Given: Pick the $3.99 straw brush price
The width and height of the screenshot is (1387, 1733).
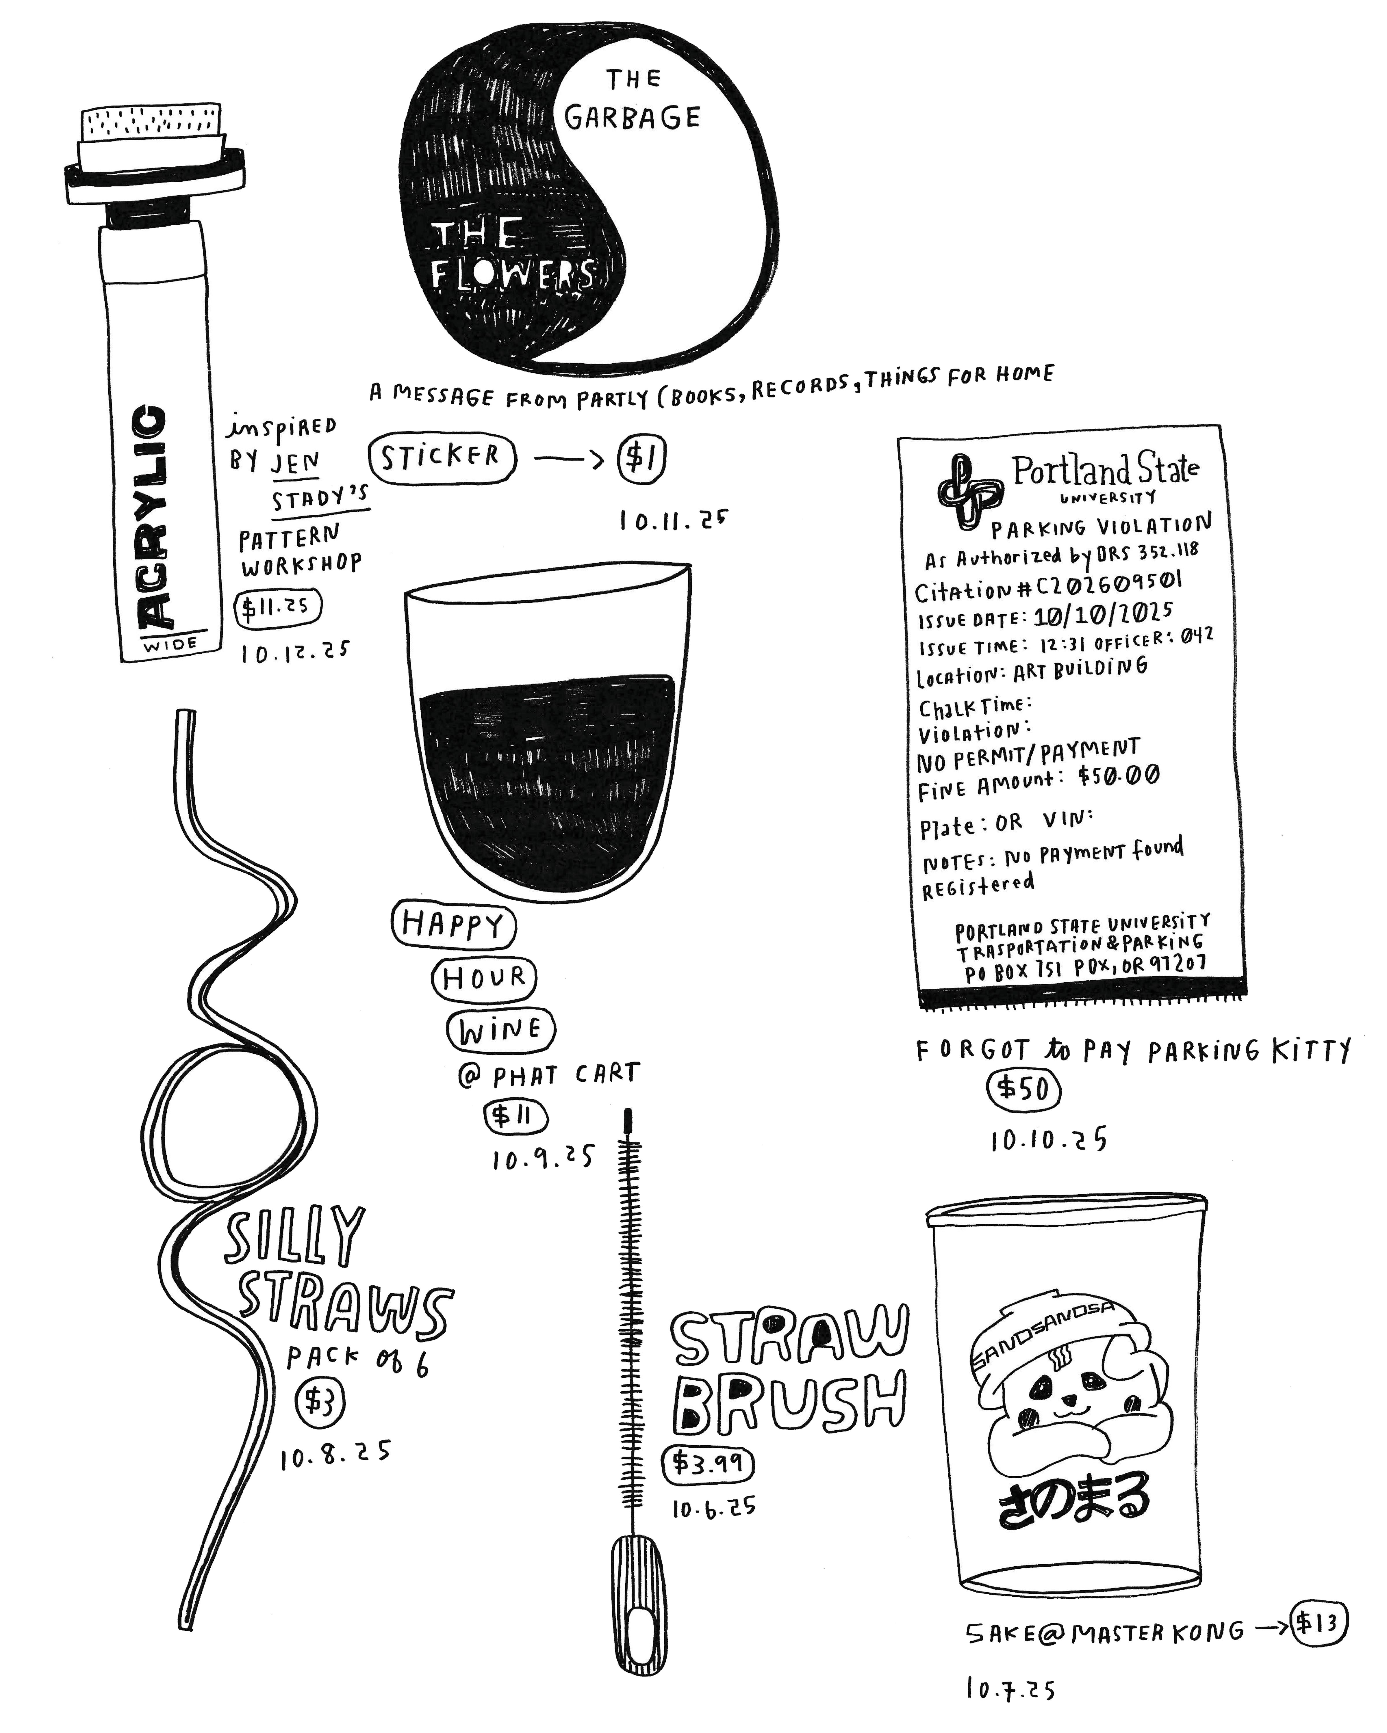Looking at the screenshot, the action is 708,1464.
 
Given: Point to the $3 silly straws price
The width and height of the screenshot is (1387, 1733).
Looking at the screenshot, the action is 320,1402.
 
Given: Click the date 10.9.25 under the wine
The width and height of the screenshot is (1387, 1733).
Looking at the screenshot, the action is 543,1158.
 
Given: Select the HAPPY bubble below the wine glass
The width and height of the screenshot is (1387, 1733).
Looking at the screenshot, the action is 453,925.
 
